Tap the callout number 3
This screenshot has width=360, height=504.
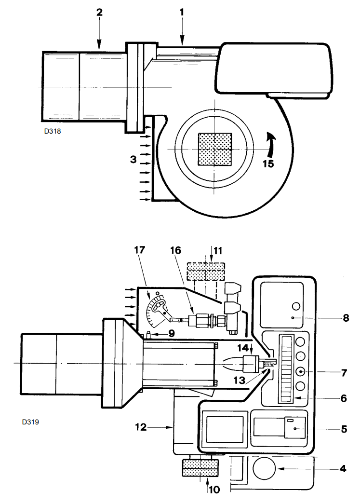pos(133,158)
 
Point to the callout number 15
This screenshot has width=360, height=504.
pos(267,163)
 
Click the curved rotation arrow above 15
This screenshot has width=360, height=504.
pos(272,143)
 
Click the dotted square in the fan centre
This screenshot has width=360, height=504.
pos(215,149)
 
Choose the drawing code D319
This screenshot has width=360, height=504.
pos(30,422)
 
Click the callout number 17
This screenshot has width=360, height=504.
pos(139,251)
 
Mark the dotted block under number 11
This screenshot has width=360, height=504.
pos(206,272)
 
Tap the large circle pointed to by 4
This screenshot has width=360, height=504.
pos(264,468)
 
